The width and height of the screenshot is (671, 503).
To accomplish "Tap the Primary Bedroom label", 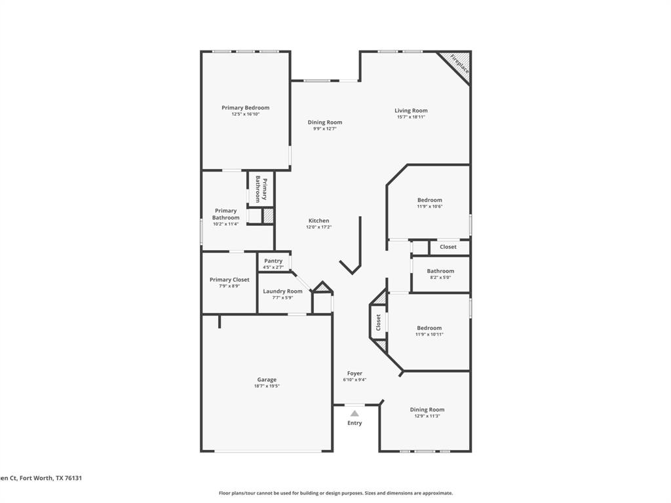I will click(x=245, y=107).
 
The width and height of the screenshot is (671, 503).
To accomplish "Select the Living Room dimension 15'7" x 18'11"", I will click(x=411, y=117).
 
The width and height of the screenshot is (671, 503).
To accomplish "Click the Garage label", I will click(x=267, y=379).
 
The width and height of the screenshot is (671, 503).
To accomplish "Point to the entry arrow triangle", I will click(x=355, y=413).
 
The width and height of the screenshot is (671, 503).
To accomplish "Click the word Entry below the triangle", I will click(x=355, y=423).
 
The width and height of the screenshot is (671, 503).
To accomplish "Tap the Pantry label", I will click(x=273, y=261).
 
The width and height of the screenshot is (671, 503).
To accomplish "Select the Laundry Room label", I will click(x=282, y=291).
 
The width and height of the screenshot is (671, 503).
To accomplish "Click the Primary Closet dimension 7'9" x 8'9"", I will click(x=229, y=286).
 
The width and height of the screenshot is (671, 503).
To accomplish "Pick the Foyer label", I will click(x=355, y=373).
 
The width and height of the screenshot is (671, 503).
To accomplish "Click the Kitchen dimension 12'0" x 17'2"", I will click(x=319, y=227).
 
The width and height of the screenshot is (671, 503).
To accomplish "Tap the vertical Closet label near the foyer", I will click(x=378, y=322).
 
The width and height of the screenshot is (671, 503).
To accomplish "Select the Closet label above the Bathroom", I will click(x=448, y=247).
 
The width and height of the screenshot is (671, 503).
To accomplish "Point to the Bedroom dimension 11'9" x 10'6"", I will click(x=429, y=206).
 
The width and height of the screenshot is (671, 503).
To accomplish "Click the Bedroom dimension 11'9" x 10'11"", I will click(x=429, y=334).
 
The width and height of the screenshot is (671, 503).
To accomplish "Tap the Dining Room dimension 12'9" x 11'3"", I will click(x=427, y=416).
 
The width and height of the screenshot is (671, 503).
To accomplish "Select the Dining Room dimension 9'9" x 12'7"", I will click(x=325, y=129).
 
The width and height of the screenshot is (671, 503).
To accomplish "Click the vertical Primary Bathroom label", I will click(x=261, y=189).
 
